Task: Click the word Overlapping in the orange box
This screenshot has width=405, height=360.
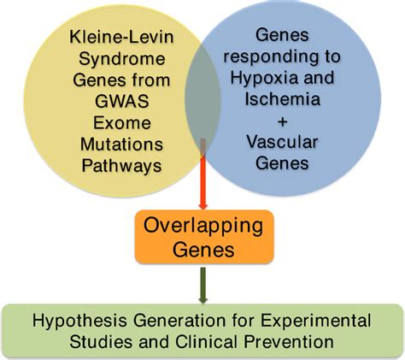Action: click(202, 230)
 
